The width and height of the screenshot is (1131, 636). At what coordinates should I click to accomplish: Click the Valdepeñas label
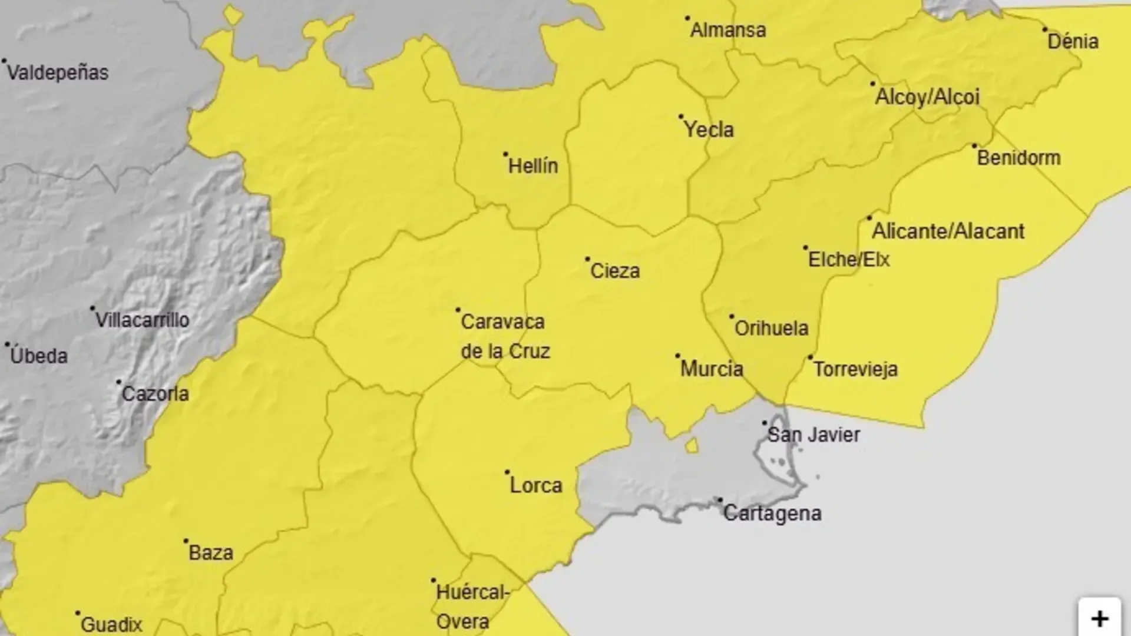tap(58, 73)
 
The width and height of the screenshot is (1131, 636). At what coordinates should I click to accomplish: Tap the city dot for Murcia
tap(678, 356)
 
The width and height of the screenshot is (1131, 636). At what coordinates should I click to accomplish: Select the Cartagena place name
tap(772, 514)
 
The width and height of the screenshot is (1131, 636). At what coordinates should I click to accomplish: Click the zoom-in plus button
tap(1099, 618)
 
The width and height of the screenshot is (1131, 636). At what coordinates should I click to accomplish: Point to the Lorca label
tap(536, 486)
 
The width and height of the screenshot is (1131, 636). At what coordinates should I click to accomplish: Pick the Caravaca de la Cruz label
tap(505, 336)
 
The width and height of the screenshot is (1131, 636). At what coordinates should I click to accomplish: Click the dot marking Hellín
tap(505, 154)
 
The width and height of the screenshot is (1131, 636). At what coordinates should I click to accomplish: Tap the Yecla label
tap(709, 130)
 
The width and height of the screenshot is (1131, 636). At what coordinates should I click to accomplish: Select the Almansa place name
tap(728, 30)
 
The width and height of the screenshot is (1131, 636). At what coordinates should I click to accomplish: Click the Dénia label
tap(1073, 42)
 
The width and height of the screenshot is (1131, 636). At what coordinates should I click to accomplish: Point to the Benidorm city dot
tap(974, 145)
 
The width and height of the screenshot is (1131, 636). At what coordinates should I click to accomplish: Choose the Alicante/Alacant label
tap(948, 231)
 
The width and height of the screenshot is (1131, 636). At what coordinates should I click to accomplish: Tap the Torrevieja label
tap(855, 370)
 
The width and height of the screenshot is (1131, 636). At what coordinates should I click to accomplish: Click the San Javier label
tap(814, 435)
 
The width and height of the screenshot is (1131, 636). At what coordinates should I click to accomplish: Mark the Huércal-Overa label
tap(471, 607)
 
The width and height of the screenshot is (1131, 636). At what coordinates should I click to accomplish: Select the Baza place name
tap(211, 553)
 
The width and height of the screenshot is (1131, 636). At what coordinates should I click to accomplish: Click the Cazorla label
tap(155, 394)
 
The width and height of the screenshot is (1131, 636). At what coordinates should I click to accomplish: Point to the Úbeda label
tap(39, 356)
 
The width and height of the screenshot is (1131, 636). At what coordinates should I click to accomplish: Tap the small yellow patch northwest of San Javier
tap(692, 445)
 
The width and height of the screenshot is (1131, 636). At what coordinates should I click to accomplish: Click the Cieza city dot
tap(587, 259)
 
